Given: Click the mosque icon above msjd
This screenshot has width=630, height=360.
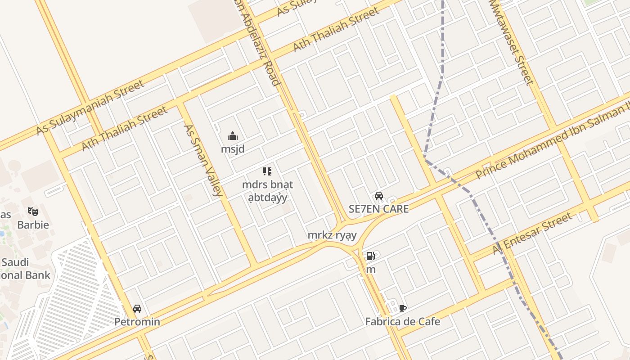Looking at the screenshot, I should pos(233,135).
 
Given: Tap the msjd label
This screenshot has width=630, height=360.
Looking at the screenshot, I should pos(233,148).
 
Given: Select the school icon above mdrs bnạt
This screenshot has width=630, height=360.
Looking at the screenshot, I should pos(267,171).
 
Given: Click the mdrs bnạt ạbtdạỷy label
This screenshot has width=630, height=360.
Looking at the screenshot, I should pos(267,191).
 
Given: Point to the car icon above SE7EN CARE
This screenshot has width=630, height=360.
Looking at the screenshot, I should pos(379,196).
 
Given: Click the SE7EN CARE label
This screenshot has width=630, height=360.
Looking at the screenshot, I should pos(379,209).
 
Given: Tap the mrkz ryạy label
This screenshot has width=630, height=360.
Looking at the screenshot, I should pos(332,235).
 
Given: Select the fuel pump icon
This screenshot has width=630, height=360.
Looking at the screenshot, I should pos(370,256).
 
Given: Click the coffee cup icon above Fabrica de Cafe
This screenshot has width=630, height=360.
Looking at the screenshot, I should pos(403,308).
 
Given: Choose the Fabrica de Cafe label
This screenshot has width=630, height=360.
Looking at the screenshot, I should pos(403,322).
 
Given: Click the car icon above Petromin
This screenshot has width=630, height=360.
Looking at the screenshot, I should pos(137,309).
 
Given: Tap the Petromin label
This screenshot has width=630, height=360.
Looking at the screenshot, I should pos(137,322).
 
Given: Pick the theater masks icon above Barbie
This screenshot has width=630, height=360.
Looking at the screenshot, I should pos(33,211).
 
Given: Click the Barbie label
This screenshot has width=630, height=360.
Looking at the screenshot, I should pos(33,224).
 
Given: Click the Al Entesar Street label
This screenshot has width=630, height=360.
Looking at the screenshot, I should pos(533,234).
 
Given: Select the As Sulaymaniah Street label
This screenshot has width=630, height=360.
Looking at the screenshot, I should pos(90,107).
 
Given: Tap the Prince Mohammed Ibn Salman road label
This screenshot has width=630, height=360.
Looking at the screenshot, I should pos(553,141).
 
